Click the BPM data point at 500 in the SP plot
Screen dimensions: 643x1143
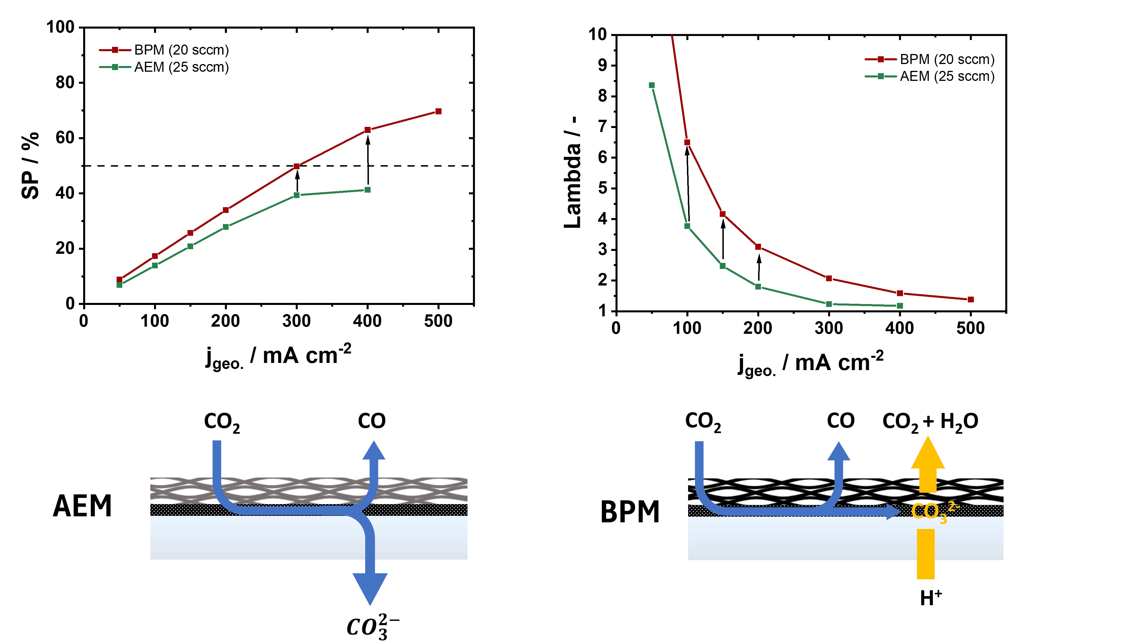[x=438, y=111]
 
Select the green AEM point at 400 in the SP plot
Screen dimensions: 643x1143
[x=367, y=190]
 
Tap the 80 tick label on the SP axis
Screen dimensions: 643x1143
[x=65, y=83]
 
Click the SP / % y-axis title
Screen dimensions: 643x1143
[x=30, y=165]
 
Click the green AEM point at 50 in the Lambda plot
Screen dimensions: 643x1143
[x=652, y=85]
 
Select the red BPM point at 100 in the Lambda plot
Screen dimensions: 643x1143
[x=687, y=142]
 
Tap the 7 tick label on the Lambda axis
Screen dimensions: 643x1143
[x=602, y=127]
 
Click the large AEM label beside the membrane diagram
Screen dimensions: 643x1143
[x=83, y=506]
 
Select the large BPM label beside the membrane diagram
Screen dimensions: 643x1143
[x=630, y=512]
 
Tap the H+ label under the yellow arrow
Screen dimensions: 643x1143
[x=930, y=598]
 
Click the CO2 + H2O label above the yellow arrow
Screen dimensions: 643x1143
[x=930, y=421]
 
